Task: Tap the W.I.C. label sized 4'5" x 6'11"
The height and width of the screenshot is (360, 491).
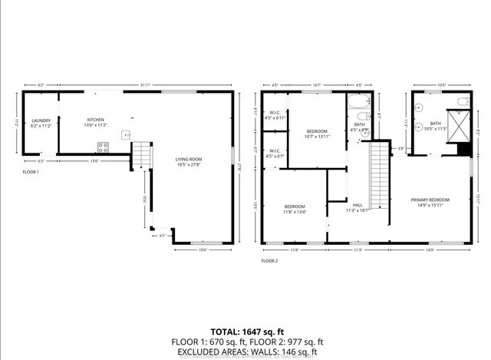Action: (x=275, y=115)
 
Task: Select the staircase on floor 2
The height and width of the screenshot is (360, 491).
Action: (x=381, y=173)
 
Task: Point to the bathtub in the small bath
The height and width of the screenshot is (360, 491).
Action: (x=359, y=102)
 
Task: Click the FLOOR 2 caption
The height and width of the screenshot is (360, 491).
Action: (x=269, y=261)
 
